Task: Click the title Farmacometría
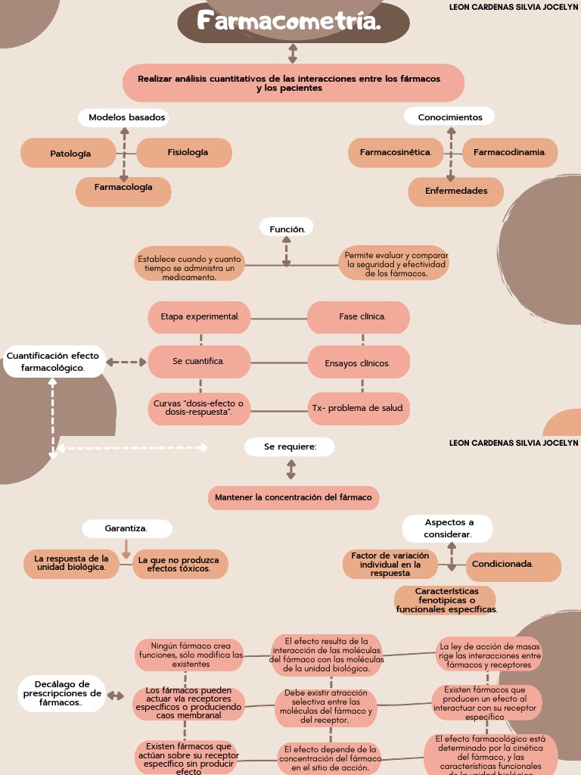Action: click(294, 22)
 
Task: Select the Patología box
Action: click(70, 153)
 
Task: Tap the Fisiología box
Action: click(185, 152)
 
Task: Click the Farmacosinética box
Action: click(396, 152)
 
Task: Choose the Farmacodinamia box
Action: click(509, 152)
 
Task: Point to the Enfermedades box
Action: click(455, 191)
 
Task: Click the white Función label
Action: click(287, 228)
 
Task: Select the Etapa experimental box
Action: click(200, 316)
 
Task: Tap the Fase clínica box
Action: click(359, 316)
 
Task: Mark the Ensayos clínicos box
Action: click(359, 363)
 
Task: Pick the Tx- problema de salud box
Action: click(359, 409)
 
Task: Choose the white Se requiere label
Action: click(290, 447)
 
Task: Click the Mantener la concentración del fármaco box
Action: click(293, 497)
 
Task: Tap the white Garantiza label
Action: click(126, 528)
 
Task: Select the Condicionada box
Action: click(513, 564)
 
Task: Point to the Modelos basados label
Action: click(126, 117)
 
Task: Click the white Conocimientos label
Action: click(450, 117)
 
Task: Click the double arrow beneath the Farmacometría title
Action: click(293, 53)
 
